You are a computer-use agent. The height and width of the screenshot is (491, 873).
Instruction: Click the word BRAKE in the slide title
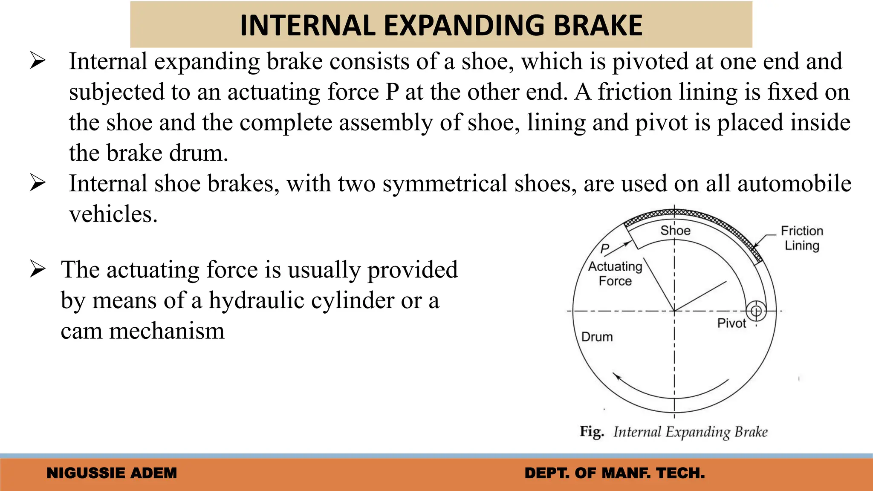pyautogui.click(x=598, y=26)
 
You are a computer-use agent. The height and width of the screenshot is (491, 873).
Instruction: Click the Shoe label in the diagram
pyautogui.click(x=675, y=231)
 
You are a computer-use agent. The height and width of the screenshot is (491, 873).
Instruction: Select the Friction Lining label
pyautogui.click(x=802, y=238)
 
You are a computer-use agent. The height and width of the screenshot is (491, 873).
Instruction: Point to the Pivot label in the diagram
pyautogui.click(x=731, y=323)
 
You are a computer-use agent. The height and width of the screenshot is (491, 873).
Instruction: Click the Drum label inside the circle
pyautogui.click(x=597, y=337)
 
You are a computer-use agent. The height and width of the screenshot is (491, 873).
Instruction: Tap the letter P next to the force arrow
pyautogui.click(x=604, y=248)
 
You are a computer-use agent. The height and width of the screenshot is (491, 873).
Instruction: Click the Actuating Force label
pyautogui.click(x=615, y=274)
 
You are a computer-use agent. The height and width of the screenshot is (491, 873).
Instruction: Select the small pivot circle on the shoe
pyautogui.click(x=756, y=311)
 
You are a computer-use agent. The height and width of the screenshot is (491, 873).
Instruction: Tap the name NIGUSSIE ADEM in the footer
pyautogui.click(x=112, y=473)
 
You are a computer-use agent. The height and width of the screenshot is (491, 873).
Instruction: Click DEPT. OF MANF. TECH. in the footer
pyautogui.click(x=615, y=473)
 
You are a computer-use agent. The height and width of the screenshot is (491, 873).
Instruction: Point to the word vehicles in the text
pyautogui.click(x=113, y=214)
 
